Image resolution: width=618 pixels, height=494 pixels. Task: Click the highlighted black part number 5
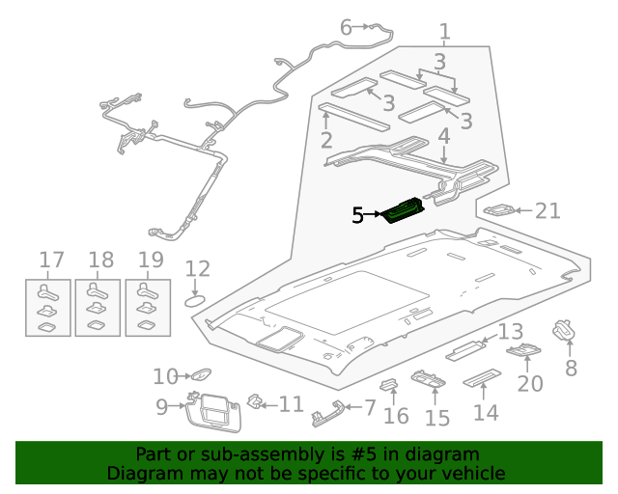tap(357, 216)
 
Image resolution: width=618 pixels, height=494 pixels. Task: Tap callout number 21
tap(548, 210)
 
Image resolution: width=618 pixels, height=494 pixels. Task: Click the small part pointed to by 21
tap(499, 210)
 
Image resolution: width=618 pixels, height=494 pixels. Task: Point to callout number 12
tap(197, 269)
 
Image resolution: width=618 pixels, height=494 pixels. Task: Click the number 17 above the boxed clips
tap(51, 260)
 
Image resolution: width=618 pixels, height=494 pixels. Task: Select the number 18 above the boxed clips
tap(100, 260)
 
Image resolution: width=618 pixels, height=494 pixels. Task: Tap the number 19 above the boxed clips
tap(151, 260)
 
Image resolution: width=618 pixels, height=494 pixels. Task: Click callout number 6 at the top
tap(346, 27)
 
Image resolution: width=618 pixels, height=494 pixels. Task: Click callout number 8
tap(571, 368)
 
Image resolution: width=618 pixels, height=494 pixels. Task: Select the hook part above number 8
tap(563, 331)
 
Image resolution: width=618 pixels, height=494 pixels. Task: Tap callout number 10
tap(165, 376)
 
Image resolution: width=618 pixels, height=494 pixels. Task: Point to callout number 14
tap(486, 412)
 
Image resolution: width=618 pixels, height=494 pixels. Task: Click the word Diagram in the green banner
tap(142, 473)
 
